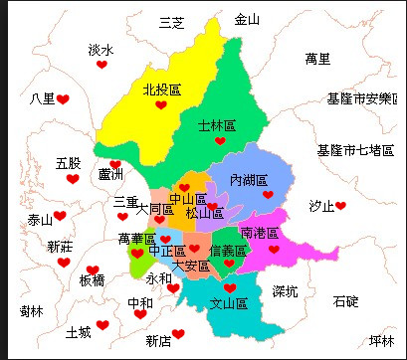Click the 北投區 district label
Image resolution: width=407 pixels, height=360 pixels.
point(161,90)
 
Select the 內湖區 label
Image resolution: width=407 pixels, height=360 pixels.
point(249,180)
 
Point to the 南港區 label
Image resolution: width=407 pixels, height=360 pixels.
point(261,232)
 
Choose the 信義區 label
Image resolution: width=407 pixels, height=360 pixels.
point(228,251)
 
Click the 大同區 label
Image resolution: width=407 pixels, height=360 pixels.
point(155,210)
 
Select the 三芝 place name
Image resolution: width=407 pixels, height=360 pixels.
point(172,23)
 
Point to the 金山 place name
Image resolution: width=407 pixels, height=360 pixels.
point(246,19)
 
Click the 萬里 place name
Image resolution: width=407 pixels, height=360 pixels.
point(317,59)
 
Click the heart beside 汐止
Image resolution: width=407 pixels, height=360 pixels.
point(340,206)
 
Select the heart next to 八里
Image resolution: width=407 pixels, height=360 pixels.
point(62,99)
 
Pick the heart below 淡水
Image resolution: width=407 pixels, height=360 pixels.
point(102,65)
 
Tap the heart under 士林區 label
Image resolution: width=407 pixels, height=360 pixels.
point(220,141)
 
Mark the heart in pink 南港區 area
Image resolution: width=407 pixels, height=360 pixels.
point(273,250)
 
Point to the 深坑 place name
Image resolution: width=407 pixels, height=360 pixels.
point(285,291)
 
